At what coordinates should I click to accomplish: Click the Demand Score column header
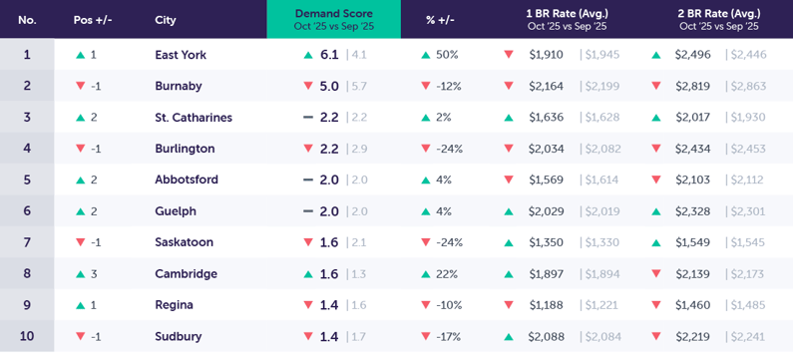tap(333, 19)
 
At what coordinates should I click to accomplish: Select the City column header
tap(166, 20)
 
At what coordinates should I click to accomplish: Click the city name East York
tap(181, 55)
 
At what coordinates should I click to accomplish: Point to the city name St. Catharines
tap(194, 118)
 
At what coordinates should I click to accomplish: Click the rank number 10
tap(27, 336)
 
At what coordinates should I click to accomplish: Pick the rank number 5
tap(27, 180)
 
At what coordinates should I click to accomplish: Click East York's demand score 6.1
tap(329, 55)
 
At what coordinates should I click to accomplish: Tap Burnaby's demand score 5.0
tap(329, 87)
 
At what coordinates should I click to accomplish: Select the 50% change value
tap(447, 55)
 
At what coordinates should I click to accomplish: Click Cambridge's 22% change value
tap(447, 274)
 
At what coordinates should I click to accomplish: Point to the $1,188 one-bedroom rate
tap(546, 305)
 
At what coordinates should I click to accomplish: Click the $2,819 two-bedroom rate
tap(692, 87)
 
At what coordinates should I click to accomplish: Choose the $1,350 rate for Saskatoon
tap(546, 242)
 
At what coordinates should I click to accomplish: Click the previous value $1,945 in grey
tap(601, 55)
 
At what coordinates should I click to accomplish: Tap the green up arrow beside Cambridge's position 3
tap(80, 274)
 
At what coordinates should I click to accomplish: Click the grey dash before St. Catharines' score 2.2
tap(308, 118)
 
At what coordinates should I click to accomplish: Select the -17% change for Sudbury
tap(448, 337)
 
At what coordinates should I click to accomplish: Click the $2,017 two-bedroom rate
tap(692, 118)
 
